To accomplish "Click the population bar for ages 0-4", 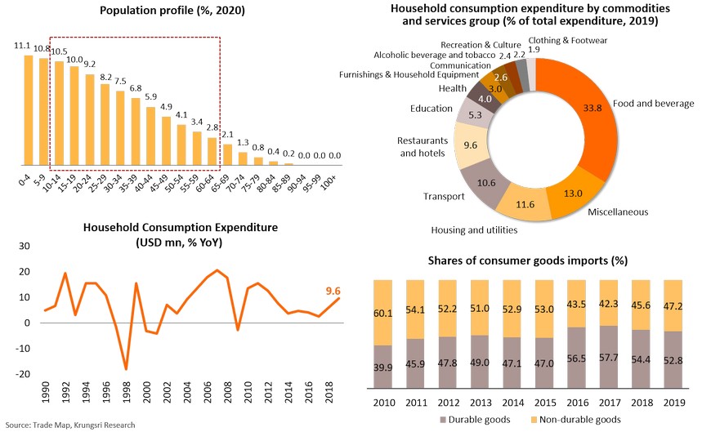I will (x=29, y=109).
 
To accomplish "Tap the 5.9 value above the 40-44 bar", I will (x=150, y=96).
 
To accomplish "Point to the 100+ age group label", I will (x=334, y=179).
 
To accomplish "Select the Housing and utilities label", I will (x=474, y=230).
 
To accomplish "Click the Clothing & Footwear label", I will (x=568, y=41).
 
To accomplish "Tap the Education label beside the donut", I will (x=432, y=109).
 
